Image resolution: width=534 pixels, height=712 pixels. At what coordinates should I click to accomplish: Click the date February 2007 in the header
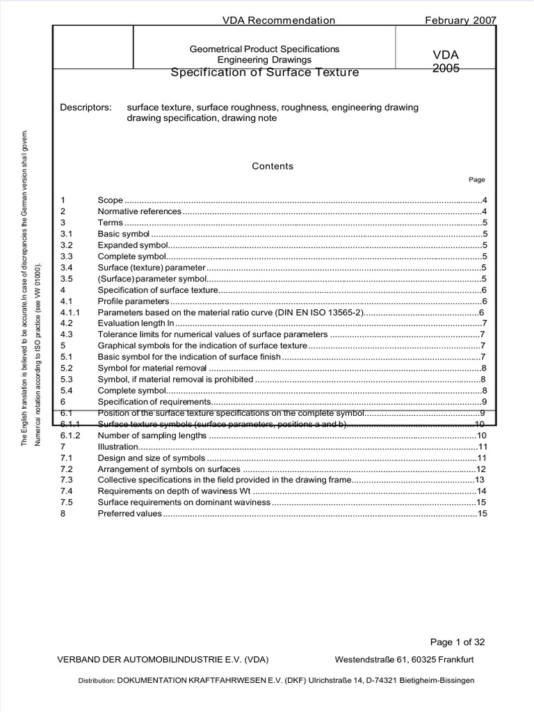460,20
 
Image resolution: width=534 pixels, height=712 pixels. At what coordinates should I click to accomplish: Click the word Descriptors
86,108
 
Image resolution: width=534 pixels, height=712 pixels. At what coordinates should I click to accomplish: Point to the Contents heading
272,166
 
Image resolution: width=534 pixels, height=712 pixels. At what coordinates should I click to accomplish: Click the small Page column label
476,179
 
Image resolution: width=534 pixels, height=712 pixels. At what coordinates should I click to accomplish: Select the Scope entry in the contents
109,200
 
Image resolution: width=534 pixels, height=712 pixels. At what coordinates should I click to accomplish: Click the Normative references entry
139,211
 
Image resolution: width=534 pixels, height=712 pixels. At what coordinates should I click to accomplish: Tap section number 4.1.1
71,313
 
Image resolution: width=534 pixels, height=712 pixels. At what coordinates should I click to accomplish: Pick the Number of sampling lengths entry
152,435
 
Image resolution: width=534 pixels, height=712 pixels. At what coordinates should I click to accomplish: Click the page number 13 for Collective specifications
478,480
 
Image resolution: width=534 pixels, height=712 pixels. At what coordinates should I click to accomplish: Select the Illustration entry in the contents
118,446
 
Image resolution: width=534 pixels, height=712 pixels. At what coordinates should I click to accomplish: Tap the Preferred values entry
129,513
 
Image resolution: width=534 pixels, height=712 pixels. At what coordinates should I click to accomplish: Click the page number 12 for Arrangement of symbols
480,469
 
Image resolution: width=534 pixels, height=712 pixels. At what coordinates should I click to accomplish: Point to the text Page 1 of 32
458,642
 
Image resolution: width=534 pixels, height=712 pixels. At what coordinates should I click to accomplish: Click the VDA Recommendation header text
278,20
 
